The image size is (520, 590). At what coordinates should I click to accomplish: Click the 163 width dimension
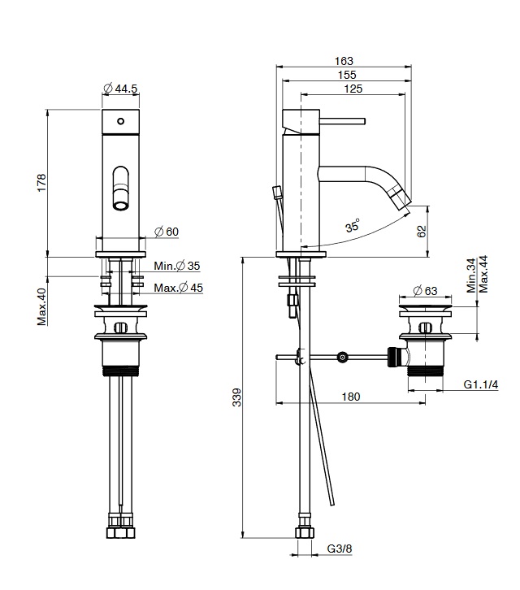(x=344, y=61)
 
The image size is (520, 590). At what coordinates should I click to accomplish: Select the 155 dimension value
(x=347, y=75)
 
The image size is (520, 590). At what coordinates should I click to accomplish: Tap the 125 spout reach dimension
(x=353, y=89)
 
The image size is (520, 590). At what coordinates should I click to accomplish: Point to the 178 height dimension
(x=41, y=183)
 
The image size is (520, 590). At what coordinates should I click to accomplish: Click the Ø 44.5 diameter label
(x=120, y=89)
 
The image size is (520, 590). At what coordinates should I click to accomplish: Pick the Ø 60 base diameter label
(x=167, y=232)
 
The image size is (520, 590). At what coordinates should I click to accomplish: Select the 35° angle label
(x=353, y=225)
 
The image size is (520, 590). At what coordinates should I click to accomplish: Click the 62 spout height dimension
(x=422, y=231)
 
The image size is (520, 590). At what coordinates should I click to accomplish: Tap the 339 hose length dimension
(x=236, y=397)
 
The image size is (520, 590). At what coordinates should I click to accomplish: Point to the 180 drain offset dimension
(x=351, y=397)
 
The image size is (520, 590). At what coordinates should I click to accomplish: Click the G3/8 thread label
(x=340, y=549)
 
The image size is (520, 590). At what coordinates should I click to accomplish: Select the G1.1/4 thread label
(x=481, y=384)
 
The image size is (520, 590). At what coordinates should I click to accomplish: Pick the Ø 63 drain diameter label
(x=425, y=290)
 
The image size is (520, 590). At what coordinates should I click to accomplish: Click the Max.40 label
(x=41, y=306)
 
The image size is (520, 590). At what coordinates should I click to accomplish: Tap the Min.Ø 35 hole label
(x=177, y=266)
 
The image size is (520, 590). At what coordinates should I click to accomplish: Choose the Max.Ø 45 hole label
(x=179, y=288)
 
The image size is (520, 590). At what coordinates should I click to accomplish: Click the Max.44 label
(x=483, y=275)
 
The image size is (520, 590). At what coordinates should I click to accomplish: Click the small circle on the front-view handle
(x=121, y=121)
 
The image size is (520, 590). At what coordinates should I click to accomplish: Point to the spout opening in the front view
(x=121, y=206)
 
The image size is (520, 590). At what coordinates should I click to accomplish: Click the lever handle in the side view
(x=342, y=121)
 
